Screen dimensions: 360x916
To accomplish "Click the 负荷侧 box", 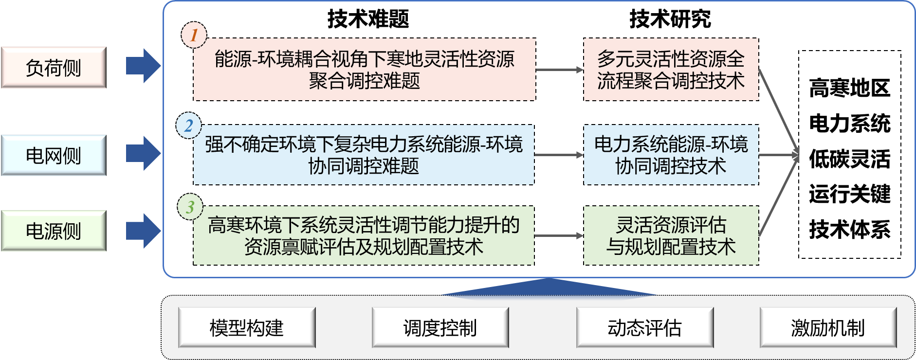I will coord(54,68).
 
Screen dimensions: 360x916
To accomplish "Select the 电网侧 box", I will coord(54,155).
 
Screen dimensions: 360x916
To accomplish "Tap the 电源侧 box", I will coord(54,231).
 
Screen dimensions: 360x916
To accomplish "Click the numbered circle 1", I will coord(194,35).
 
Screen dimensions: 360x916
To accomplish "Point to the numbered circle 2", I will coord(188,126).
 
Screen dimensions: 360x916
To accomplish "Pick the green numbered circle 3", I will coord(190,207).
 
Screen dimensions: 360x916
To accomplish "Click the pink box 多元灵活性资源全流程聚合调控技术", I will coord(671,70).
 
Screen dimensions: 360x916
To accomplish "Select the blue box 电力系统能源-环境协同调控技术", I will coord(671,155).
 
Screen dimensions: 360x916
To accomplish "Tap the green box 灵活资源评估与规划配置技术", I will coord(671,235).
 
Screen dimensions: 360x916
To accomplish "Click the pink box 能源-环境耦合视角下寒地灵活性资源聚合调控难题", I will coord(364,70).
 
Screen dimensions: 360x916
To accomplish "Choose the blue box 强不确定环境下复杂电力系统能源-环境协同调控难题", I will coord(364,155).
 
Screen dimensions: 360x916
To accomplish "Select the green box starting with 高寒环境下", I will coord(364,235).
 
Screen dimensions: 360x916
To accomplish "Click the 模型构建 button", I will coord(247,327).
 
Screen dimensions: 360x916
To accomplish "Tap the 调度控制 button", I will coord(440,327).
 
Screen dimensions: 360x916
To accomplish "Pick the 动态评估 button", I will coord(644,327).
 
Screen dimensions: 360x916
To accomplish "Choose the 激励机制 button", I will coord(828,327).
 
